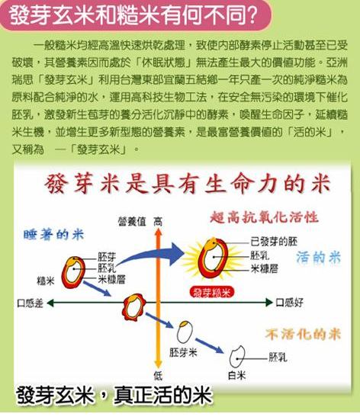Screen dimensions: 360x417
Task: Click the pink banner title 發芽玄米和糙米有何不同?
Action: pos(133,15)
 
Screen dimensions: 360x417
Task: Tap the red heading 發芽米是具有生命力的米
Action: pos(188,184)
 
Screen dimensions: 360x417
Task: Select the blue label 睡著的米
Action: pos(53,235)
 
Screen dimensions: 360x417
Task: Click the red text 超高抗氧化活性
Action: pos(264,217)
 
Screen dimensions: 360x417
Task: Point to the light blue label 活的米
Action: pos(319,257)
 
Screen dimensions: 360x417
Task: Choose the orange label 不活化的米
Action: pos(303,334)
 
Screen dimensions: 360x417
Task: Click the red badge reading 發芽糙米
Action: pos(212,293)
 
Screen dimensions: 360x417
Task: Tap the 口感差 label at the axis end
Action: pos(30,303)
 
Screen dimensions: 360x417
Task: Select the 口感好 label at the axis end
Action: pos(290,303)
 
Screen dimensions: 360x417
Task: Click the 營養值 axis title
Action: pos(132,221)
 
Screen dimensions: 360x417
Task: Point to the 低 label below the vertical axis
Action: pos(158,376)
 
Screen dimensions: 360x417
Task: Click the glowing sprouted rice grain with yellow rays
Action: pos(214,258)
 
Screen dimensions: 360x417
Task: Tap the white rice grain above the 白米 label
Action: pos(236,357)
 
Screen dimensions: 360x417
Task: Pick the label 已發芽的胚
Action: pos(274,242)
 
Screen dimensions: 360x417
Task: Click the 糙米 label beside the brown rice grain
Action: pos(46,281)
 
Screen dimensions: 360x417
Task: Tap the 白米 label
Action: pos(236,375)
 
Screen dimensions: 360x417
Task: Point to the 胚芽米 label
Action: pos(183,352)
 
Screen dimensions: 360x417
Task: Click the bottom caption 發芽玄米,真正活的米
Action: pos(114,396)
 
